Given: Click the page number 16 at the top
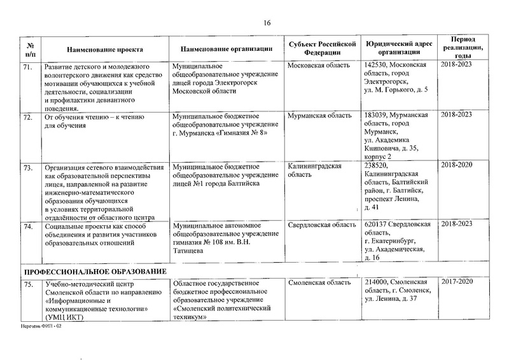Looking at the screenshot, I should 267,24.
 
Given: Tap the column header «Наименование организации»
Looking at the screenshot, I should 227,49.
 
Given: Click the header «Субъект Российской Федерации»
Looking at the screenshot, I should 319,48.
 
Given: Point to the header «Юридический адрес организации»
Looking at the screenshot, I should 398,48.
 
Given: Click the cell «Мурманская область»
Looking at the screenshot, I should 319,116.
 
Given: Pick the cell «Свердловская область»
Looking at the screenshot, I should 322,225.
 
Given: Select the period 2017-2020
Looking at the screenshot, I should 464,281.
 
